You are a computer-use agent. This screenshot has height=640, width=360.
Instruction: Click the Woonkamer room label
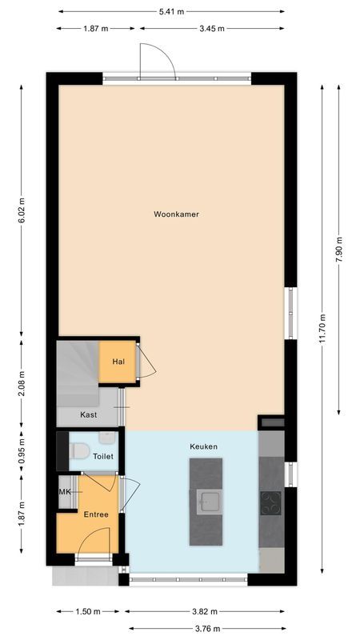[x=177, y=214]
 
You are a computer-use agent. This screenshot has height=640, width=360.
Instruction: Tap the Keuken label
[x=203, y=446]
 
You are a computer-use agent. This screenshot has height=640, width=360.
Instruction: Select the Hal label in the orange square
[x=118, y=362]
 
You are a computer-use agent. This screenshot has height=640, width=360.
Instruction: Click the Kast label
[x=90, y=415]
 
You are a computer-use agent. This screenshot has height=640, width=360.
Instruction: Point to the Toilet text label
[x=103, y=456]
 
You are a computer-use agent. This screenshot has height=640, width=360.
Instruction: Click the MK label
[x=64, y=491]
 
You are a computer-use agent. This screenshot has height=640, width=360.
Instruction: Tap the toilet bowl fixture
[x=79, y=450]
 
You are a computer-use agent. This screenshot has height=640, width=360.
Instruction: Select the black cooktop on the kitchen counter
[x=270, y=502]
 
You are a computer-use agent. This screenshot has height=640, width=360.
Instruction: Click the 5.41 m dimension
[x=170, y=12]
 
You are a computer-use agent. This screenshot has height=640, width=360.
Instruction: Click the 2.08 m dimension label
[x=22, y=384]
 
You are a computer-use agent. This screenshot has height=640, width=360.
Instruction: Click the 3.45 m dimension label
[x=211, y=28]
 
